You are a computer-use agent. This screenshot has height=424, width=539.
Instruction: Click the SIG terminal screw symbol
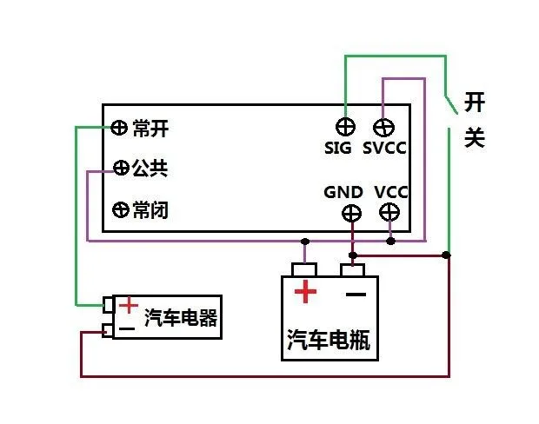pos(345,126)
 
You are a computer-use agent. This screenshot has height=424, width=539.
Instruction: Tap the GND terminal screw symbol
pos(352,212)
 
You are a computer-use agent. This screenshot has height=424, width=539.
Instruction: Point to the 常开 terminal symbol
pos(120,129)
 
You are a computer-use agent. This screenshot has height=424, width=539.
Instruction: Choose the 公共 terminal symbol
pos(121,168)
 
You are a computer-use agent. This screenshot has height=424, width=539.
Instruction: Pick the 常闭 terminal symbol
pos(121,209)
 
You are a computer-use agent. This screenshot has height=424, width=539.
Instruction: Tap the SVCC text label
pos(385,149)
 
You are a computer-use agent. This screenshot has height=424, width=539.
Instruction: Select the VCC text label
pos(391,191)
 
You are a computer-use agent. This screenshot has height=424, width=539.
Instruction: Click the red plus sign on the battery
pos(305,292)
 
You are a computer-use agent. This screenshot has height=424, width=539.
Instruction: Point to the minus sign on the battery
pos(354,293)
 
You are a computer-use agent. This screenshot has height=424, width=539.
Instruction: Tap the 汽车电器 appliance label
pos(181,318)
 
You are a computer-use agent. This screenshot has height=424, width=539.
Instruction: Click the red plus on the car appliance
pos(128,305)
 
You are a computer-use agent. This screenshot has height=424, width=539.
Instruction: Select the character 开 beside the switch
pos(474,102)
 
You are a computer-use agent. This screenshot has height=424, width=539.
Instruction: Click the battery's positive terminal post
pos(304,268)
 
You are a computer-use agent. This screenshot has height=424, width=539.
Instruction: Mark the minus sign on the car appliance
pos(127,329)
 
